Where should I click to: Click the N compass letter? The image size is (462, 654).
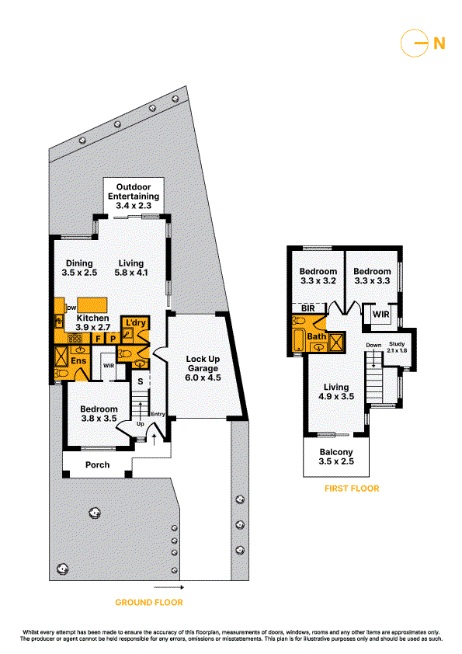click(x=439, y=43)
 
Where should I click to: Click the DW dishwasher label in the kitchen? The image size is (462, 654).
click(x=71, y=308)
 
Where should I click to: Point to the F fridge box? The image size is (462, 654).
click(x=99, y=338)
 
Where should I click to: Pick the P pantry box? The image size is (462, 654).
click(x=113, y=338)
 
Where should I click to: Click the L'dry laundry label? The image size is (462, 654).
click(x=136, y=323)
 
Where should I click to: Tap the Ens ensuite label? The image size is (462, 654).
click(x=78, y=360)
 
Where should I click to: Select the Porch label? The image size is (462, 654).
click(x=98, y=464)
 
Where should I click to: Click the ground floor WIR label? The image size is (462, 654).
click(x=109, y=366)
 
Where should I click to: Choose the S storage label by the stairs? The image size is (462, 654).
click(x=141, y=381)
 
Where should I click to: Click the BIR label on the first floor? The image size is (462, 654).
click(x=308, y=308)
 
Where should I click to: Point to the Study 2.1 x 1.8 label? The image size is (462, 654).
click(x=397, y=347)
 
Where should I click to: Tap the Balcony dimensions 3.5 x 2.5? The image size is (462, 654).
click(x=336, y=461)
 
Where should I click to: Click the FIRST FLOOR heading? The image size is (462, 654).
click(x=352, y=489)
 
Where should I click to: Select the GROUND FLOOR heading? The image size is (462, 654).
click(x=149, y=602)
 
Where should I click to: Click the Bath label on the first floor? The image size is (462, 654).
click(x=317, y=336)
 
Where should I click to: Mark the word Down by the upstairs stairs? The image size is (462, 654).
click(x=373, y=346)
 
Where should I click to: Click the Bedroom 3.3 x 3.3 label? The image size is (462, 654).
click(x=372, y=276)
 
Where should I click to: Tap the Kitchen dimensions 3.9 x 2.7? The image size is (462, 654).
click(x=92, y=328)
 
